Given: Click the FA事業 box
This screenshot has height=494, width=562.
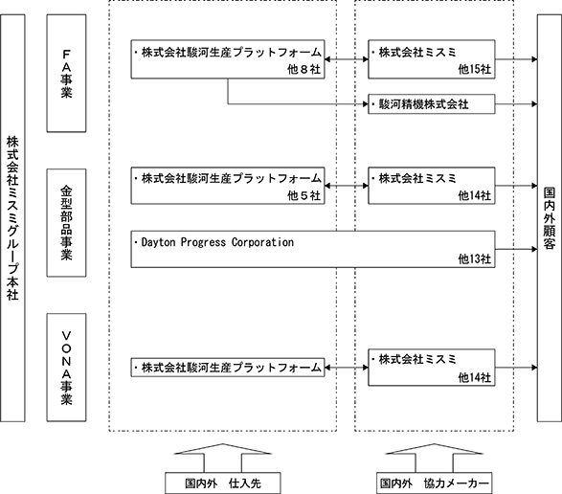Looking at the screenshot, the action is [66, 73].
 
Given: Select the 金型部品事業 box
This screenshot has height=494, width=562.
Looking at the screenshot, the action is [66, 223].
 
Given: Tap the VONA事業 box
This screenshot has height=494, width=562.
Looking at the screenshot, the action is [66, 368].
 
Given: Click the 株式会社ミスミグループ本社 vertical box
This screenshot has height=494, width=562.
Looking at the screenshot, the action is [12, 218].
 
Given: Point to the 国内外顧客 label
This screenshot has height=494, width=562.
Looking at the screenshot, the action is [550, 218].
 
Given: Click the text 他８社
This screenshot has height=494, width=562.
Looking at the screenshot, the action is [303, 69].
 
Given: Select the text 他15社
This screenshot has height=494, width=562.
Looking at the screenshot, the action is [475, 69].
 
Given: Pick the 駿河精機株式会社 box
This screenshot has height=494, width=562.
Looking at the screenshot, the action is [432, 104].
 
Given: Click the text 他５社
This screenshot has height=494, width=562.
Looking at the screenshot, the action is [303, 195].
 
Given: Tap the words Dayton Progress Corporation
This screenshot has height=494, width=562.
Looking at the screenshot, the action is [217, 242].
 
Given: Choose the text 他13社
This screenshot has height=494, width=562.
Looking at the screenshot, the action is [475, 258].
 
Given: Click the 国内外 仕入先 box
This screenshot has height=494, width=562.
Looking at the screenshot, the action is [222, 483].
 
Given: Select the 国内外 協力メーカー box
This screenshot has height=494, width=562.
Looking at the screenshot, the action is [434, 483].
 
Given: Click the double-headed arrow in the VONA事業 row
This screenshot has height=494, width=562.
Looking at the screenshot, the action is [347, 368].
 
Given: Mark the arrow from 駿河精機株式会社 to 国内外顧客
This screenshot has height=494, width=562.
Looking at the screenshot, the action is [516, 104].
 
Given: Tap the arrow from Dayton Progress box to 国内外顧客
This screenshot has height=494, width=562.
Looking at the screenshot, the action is [516, 249].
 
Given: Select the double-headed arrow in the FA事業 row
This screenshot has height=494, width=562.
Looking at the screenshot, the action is [347, 59].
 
